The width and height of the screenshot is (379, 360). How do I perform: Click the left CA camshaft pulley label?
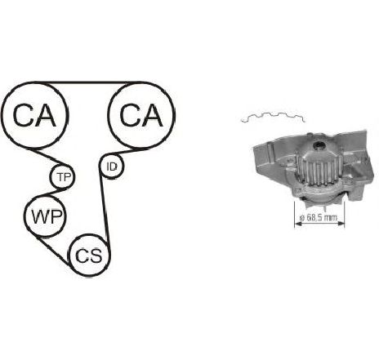(34, 115)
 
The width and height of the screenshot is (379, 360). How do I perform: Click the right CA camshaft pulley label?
(141, 115)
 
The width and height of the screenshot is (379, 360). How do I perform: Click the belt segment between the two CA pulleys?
(87, 82)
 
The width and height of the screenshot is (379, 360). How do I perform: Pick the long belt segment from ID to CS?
(105, 210)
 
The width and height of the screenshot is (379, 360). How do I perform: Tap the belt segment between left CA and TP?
(47, 157)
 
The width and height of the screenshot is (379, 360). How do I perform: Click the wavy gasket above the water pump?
(273, 117)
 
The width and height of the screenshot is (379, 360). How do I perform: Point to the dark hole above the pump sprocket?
(318, 145)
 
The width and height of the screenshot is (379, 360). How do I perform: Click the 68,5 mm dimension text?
(318, 217)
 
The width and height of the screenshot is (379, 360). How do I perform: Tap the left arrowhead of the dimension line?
(298, 224)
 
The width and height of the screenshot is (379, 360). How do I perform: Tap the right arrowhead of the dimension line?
(341, 224)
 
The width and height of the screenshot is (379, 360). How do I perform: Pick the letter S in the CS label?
(96, 256)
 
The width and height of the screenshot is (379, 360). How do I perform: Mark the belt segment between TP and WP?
(51, 193)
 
